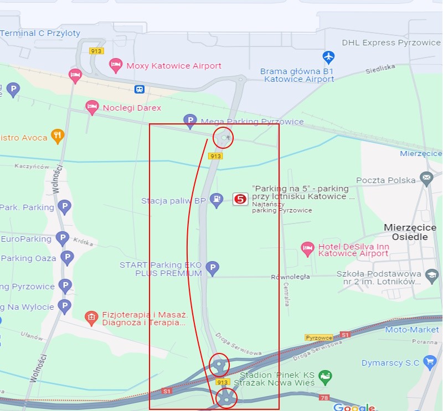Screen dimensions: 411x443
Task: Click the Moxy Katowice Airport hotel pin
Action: pos(116,65)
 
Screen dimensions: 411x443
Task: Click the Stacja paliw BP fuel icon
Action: pos(217,200)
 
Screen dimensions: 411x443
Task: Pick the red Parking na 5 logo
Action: pos(240,199)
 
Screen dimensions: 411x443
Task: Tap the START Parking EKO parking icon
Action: pos(212,269)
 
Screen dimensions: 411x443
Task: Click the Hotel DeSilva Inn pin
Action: pos(307,249)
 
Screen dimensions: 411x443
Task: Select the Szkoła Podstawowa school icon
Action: pos(432,274)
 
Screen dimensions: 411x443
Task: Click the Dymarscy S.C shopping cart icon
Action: pos(430,362)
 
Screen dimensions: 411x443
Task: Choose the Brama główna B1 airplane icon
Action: pos(329,57)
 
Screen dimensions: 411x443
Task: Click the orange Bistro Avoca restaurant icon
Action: pos(58,135)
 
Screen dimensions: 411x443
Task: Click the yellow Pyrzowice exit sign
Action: pos(319,337)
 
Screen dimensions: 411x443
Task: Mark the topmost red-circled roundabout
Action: pos(223,137)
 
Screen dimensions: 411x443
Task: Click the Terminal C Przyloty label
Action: pos(40,33)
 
